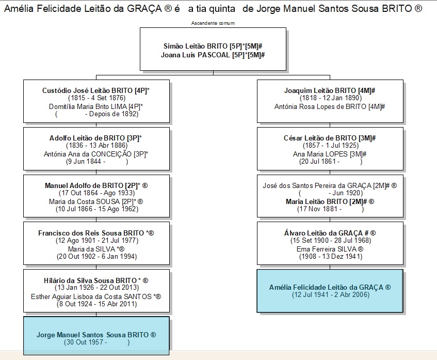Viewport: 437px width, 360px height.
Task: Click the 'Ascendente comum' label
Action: (x=213, y=23)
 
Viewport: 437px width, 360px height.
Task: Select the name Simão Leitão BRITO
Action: (x=196, y=46)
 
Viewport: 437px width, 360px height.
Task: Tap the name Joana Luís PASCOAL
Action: (x=196, y=55)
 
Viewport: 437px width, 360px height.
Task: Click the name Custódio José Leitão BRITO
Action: (x=88, y=91)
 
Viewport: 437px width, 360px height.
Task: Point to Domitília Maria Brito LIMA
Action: (x=88, y=106)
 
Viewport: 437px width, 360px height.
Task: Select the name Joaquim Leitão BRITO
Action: (x=320, y=91)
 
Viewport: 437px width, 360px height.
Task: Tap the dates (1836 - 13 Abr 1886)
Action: (x=96, y=146)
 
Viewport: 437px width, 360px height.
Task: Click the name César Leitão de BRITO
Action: (x=320, y=138)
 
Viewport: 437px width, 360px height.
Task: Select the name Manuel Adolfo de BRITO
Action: (x=84, y=185)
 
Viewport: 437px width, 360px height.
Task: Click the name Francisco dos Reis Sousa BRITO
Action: (x=91, y=233)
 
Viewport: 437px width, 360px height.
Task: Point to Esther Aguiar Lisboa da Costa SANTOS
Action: (x=91, y=296)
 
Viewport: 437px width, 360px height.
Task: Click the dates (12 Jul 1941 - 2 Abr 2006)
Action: (x=331, y=295)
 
